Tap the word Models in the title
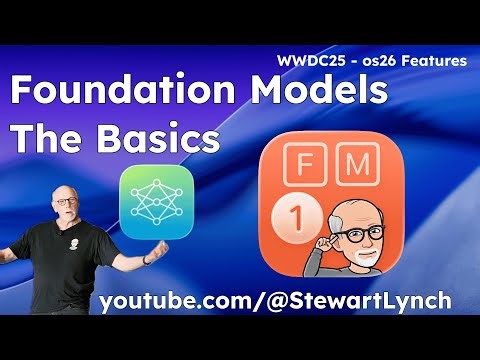click(318, 94)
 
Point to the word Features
click(431, 61)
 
